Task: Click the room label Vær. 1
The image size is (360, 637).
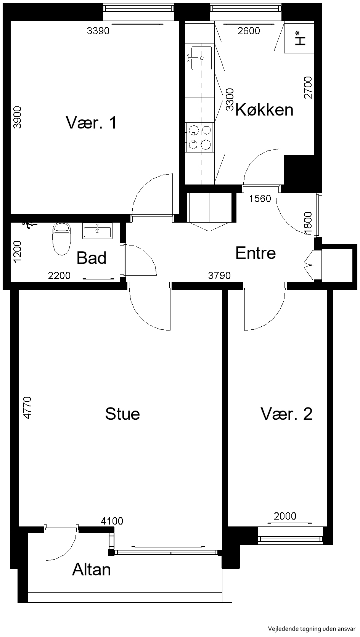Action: [x=92, y=123]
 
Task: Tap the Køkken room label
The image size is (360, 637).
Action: [x=264, y=110]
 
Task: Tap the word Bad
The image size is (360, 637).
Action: [x=92, y=258]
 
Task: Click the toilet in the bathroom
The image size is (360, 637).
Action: [x=61, y=239]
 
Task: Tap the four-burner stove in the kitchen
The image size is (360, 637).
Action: [x=199, y=137]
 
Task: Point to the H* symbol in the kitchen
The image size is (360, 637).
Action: [x=300, y=38]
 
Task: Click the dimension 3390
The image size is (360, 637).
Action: [x=98, y=31]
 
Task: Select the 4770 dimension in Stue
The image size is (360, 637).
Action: [x=27, y=408]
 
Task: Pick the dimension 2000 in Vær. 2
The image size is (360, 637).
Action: [x=285, y=516]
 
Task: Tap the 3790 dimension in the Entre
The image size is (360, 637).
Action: [x=219, y=275]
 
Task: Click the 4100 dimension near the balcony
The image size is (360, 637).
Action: [x=112, y=521]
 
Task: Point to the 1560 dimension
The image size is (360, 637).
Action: [x=260, y=199]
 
